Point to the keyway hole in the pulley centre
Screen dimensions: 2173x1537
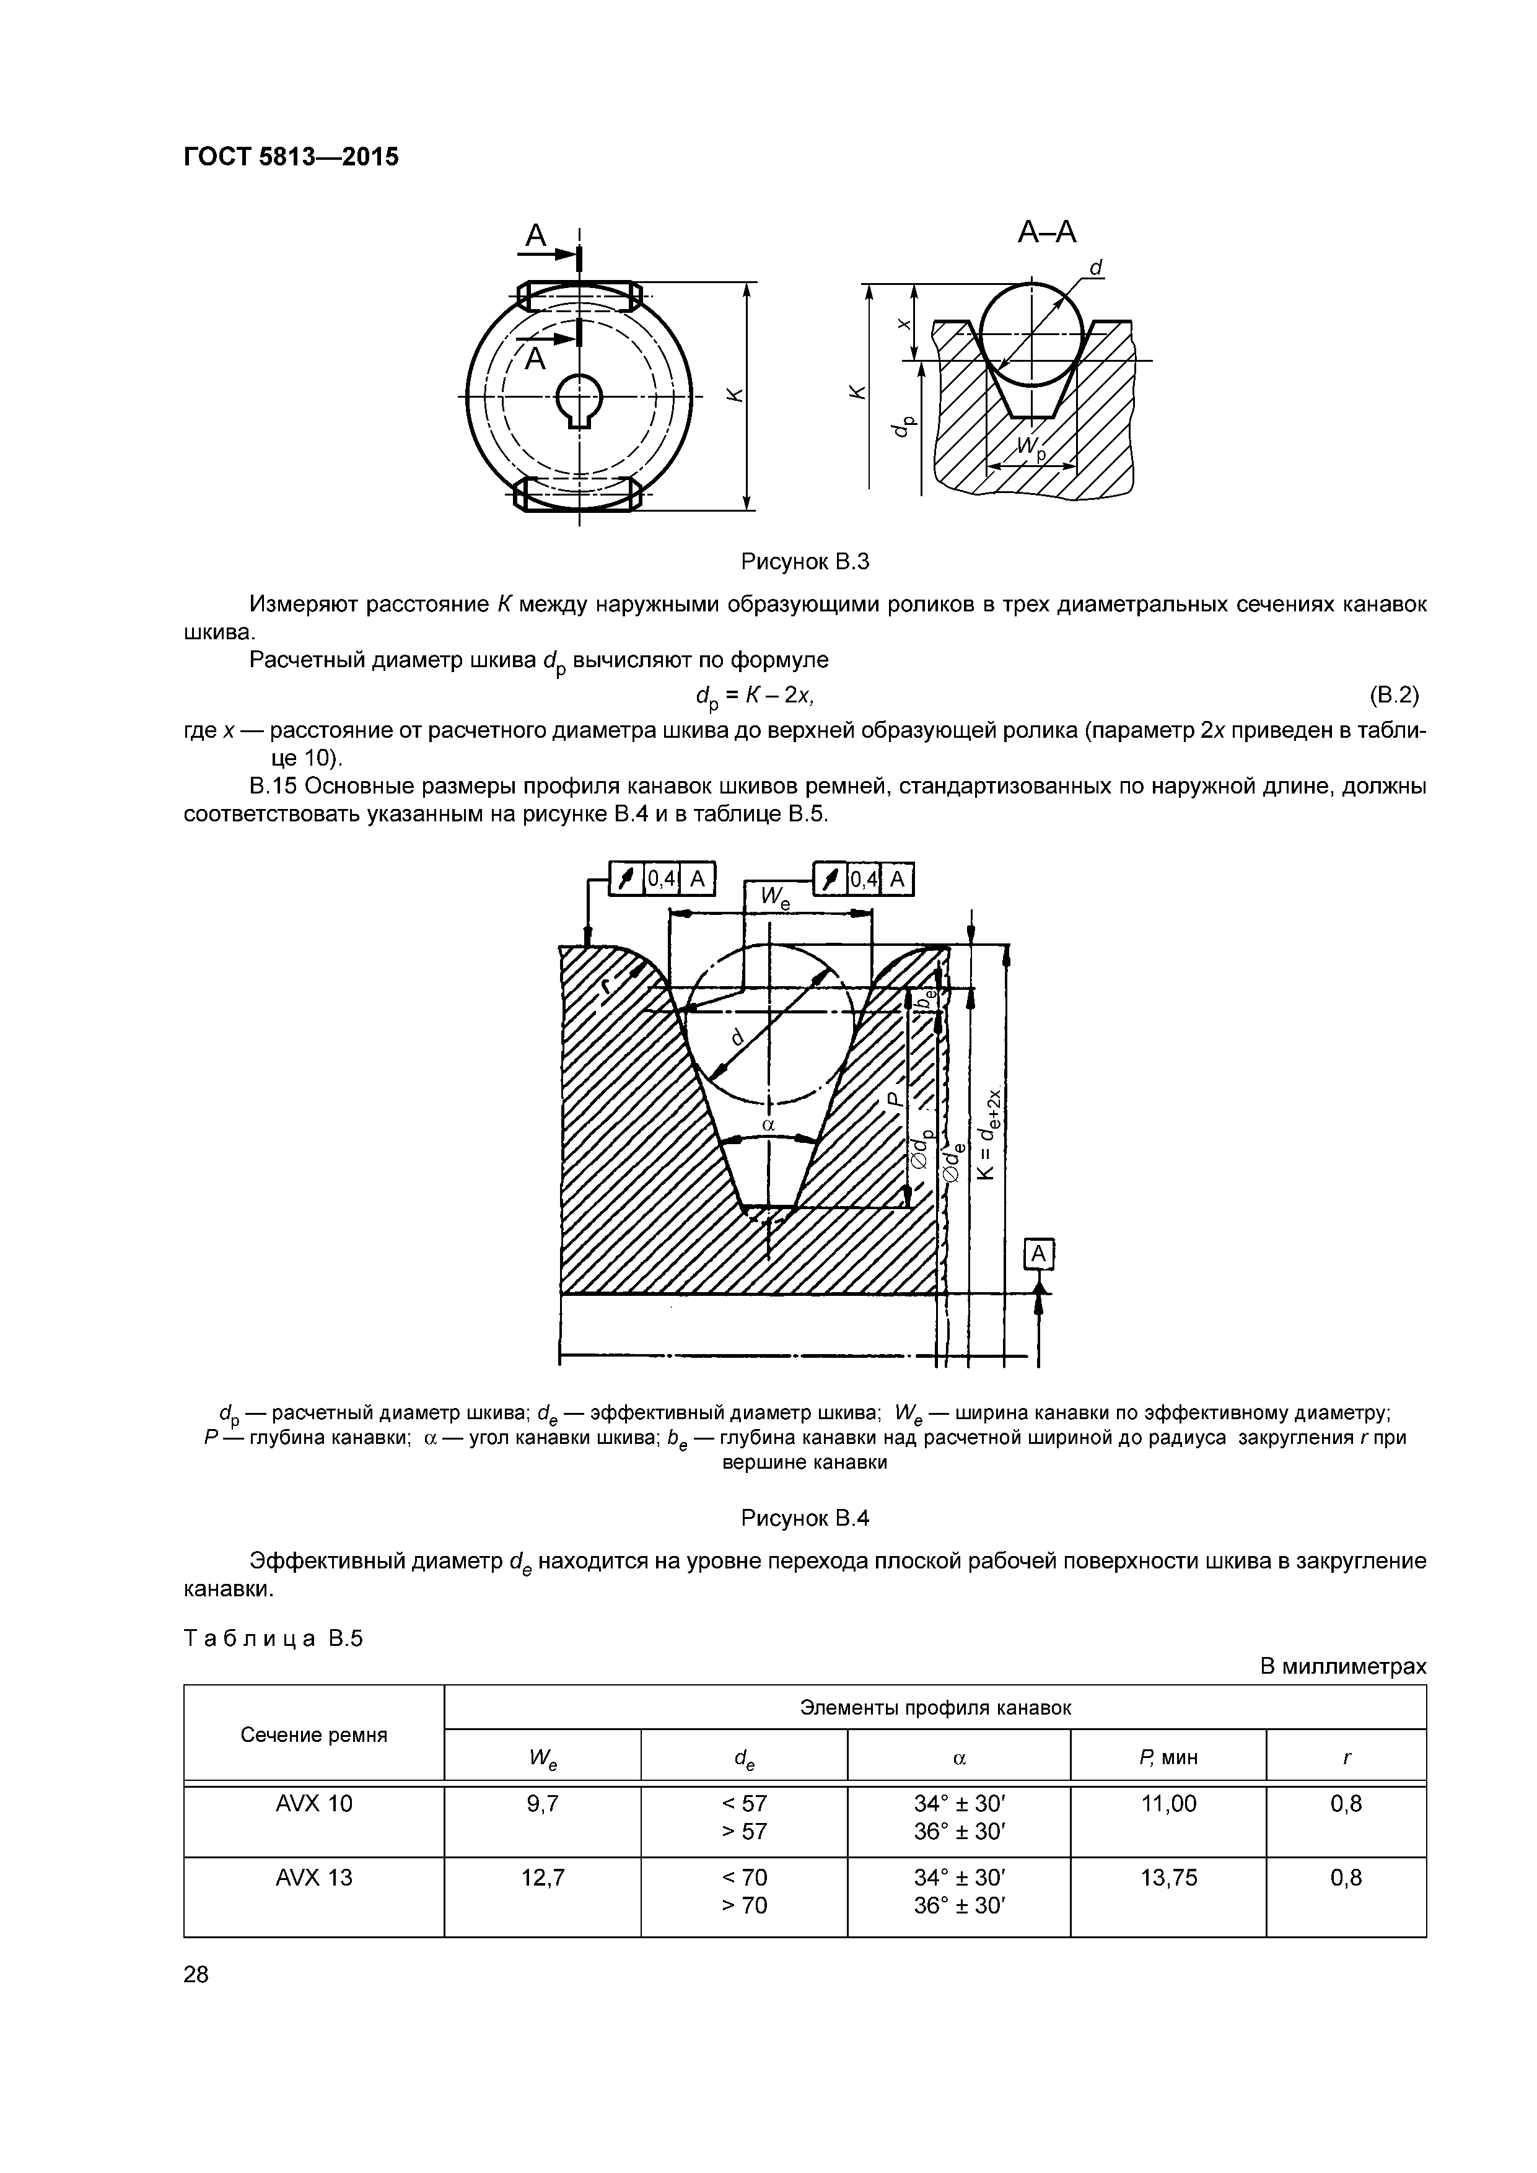tap(579, 398)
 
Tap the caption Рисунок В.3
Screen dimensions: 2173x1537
tap(805, 562)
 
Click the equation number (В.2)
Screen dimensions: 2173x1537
tap(1393, 696)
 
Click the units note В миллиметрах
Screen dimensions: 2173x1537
tap(1342, 1667)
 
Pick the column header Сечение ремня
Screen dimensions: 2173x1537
tap(313, 1735)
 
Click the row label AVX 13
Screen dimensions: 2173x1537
tap(313, 1878)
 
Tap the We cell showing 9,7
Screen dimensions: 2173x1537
tap(542, 1805)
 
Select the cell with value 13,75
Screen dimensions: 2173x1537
tap(1168, 1878)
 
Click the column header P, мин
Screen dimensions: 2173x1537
tap(1168, 1757)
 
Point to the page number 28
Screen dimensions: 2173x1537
tap(197, 1974)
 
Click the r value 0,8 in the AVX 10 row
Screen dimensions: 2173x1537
tap(1345, 1805)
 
